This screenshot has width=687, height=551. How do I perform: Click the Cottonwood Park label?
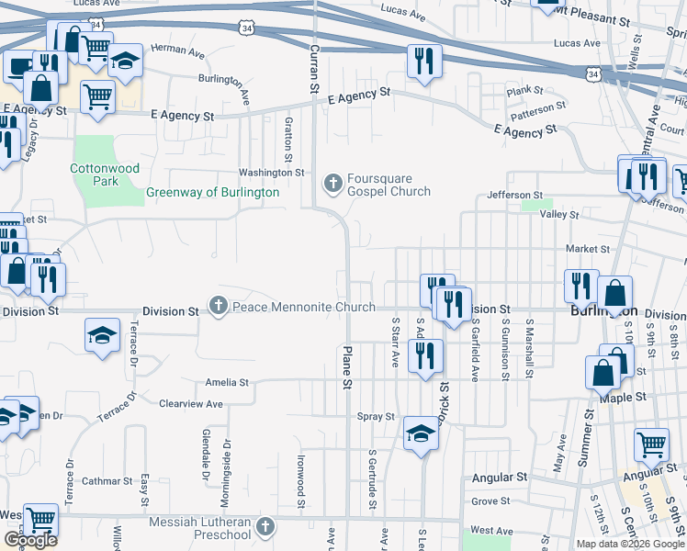(x=95, y=174)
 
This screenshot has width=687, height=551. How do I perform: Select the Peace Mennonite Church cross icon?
(x=218, y=306)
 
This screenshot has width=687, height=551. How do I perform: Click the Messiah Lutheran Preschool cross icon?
(x=265, y=526)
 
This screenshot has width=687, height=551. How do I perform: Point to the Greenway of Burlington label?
(x=212, y=193)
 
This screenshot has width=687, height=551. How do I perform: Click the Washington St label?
(x=271, y=173)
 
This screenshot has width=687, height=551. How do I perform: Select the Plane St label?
(x=348, y=366)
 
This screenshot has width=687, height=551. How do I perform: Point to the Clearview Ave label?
(x=191, y=404)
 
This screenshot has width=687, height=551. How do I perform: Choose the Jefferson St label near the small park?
(x=515, y=196)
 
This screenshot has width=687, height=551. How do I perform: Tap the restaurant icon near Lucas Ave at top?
(x=423, y=61)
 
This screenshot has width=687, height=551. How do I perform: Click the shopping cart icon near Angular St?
(x=651, y=444)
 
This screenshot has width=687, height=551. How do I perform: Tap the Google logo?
(x=30, y=540)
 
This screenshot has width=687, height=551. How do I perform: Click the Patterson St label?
(x=539, y=108)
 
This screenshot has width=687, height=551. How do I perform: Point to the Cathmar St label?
(x=107, y=481)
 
